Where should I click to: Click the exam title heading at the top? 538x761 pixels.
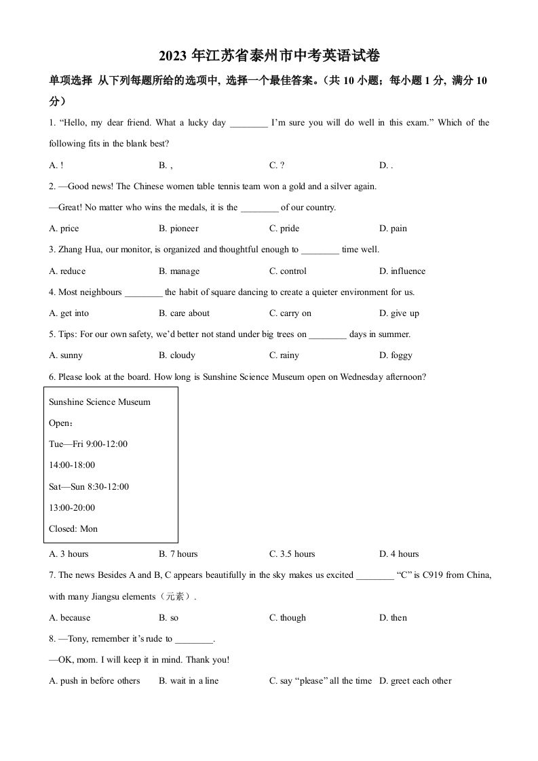(269, 56)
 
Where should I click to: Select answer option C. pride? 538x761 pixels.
(284, 229)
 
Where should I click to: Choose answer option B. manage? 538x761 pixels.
(179, 271)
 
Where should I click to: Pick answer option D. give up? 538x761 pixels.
(399, 313)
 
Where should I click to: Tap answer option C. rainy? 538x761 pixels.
(284, 355)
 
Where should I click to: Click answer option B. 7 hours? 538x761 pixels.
(178, 554)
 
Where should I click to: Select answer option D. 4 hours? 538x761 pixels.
(399, 554)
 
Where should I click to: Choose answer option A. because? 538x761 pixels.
(70, 618)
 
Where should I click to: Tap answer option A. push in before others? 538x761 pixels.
(94, 681)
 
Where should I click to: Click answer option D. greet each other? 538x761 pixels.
(415, 681)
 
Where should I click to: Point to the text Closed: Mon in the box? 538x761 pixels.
(73, 529)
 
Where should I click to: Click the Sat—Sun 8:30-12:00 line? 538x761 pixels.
(89, 486)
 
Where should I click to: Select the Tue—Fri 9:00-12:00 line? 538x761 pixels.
(88, 444)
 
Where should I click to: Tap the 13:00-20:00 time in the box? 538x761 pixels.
(72, 507)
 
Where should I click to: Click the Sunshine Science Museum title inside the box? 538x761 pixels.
(100, 402)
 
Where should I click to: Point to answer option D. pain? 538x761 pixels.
(393, 229)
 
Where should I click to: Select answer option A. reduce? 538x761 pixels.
(68, 271)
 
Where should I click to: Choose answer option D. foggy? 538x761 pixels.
(396, 355)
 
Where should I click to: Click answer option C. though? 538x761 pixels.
(288, 618)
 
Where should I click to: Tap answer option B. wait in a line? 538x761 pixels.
(189, 681)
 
